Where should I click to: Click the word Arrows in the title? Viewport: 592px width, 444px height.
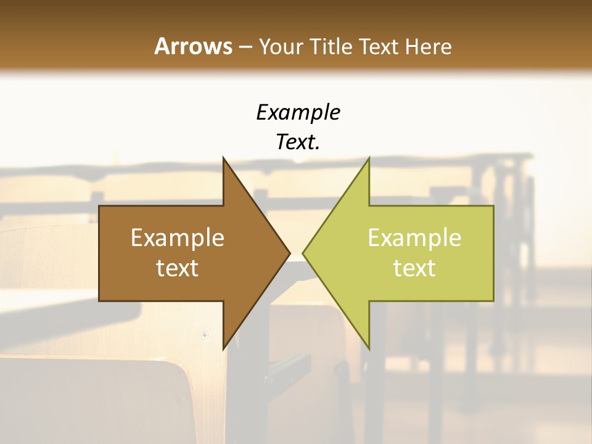click(192, 46)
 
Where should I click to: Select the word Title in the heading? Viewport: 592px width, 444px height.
click(332, 46)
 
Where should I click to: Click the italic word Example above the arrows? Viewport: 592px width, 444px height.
click(298, 112)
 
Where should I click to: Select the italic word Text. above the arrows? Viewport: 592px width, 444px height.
click(298, 142)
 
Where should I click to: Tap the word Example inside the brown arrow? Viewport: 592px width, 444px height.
click(178, 237)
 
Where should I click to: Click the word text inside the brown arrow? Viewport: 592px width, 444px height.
click(178, 268)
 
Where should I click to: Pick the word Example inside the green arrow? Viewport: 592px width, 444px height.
click(414, 237)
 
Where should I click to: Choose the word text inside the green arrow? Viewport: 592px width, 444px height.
click(414, 268)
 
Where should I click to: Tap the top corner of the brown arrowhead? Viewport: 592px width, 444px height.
click(224, 158)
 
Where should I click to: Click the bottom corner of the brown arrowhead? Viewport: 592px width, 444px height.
click(224, 348)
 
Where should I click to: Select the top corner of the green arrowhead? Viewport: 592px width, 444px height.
click(369, 158)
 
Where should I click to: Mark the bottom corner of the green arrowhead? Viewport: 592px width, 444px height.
click(369, 348)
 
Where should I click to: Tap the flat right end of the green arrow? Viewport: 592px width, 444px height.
click(493, 253)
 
